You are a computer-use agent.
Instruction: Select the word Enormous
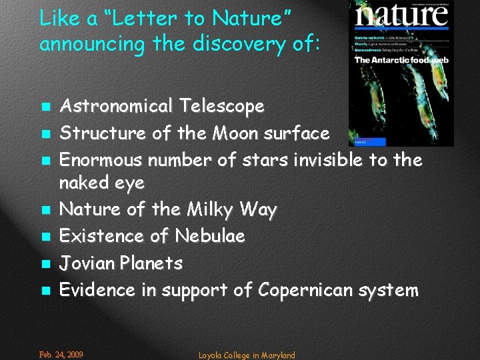(x=101, y=160)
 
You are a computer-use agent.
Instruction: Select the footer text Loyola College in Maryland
(x=247, y=355)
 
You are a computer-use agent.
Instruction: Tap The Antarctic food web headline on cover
(x=401, y=60)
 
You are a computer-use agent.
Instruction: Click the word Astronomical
(x=115, y=106)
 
